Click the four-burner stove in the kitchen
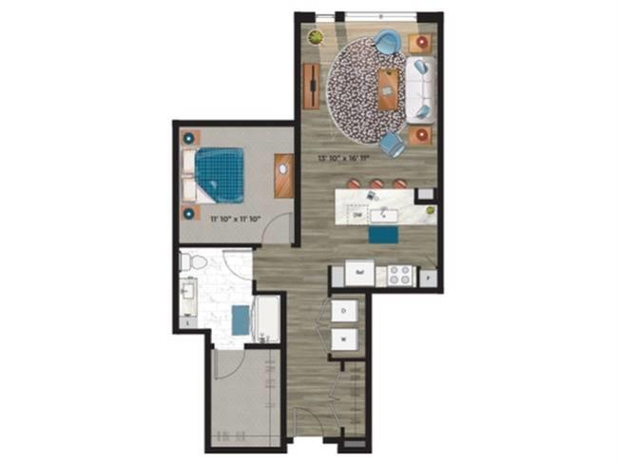[x=400, y=275]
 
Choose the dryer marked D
[x=344, y=311]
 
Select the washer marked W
[x=344, y=338]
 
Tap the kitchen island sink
[x=388, y=211]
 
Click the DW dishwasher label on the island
[x=357, y=217]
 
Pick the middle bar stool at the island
[x=376, y=183]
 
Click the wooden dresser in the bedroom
[x=282, y=176]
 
